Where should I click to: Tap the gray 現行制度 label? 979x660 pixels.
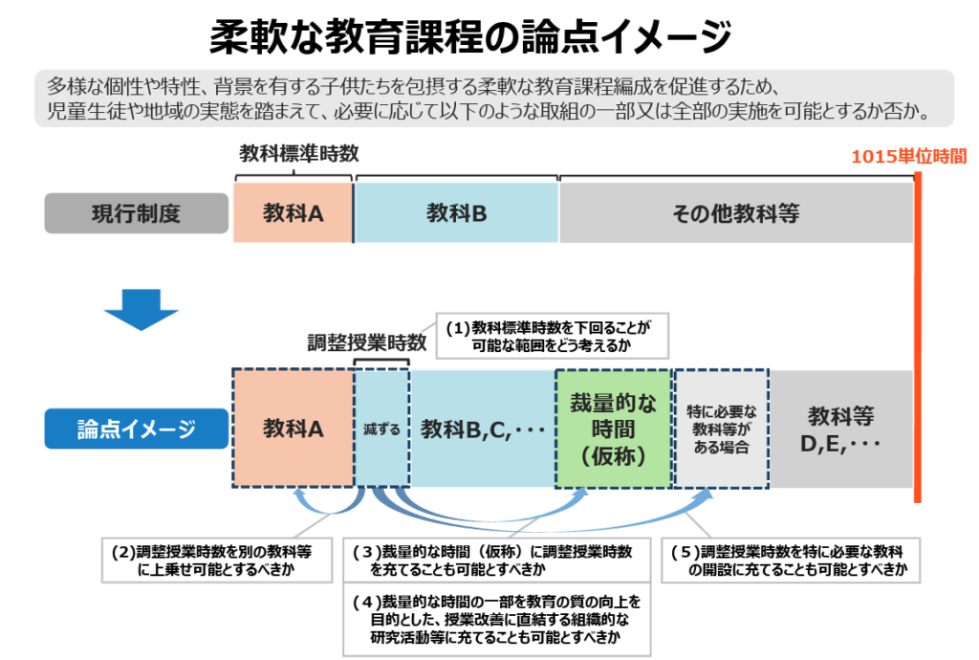(x=136, y=213)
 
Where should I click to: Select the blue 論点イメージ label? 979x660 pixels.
(x=136, y=429)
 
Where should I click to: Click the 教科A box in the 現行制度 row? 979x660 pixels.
(x=293, y=213)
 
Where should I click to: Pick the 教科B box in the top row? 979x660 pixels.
(x=456, y=213)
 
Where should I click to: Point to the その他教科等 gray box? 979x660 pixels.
(x=735, y=213)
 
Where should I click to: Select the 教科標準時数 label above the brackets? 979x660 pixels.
(x=298, y=154)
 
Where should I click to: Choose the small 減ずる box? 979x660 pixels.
(x=381, y=429)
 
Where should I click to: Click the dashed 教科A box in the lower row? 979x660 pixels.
(x=293, y=429)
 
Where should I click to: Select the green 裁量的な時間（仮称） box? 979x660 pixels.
(x=614, y=428)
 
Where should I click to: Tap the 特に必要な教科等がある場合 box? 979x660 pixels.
(x=722, y=428)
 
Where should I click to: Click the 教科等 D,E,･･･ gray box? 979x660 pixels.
(x=840, y=429)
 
